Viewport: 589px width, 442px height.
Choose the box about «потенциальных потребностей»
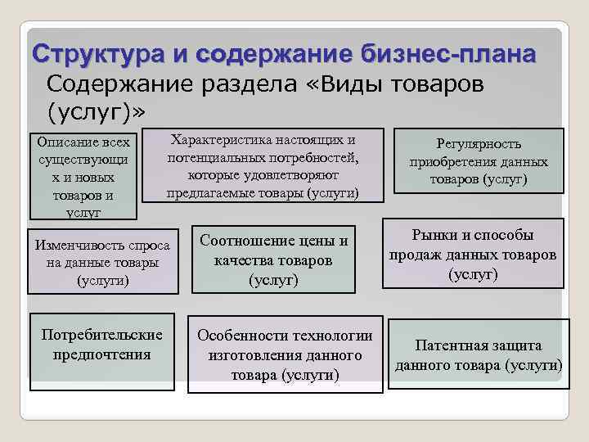click(263, 165)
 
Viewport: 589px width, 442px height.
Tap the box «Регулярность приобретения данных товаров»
click(479, 161)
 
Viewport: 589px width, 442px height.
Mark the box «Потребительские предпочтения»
click(102, 345)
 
